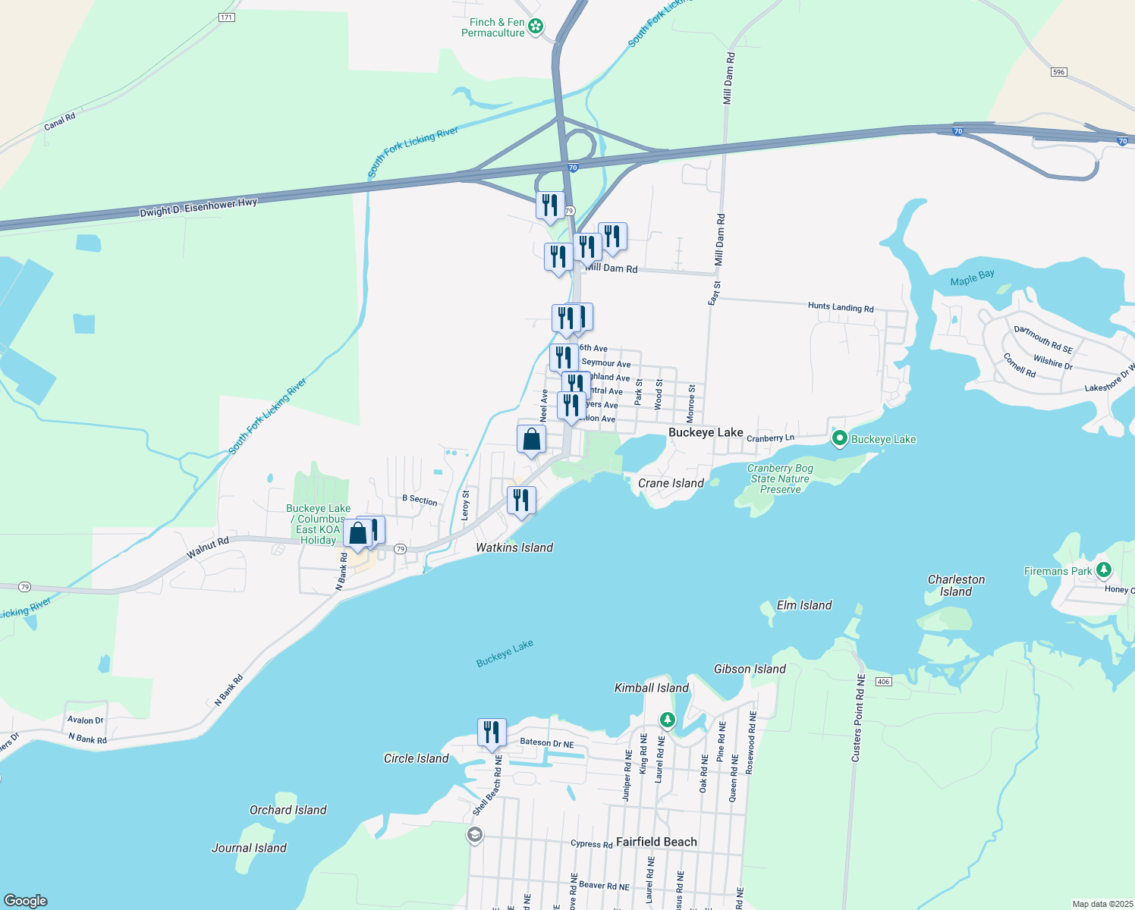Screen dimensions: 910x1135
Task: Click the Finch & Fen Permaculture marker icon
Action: pyautogui.click(x=536, y=27)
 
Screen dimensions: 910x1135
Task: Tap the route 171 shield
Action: pyautogui.click(x=226, y=17)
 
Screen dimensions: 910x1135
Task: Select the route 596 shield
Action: pyautogui.click(x=1059, y=72)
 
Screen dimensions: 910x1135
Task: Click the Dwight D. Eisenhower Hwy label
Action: pyautogui.click(x=198, y=208)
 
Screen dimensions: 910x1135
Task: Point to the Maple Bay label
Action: pyautogui.click(x=972, y=278)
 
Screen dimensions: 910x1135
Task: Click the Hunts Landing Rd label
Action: pyautogui.click(x=840, y=307)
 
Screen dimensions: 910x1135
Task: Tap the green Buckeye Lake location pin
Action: pyautogui.click(x=839, y=438)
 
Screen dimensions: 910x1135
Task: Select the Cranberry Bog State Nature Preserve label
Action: pyautogui.click(x=780, y=479)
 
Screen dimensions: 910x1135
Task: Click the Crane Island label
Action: pyautogui.click(x=671, y=483)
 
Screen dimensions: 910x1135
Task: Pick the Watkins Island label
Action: pyautogui.click(x=514, y=548)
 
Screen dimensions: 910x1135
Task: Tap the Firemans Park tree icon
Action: pyautogui.click(x=1104, y=570)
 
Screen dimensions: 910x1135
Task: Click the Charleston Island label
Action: pyautogui.click(x=956, y=585)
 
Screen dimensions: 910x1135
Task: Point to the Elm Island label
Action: pyautogui.click(x=804, y=605)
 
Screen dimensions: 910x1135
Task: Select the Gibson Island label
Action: pyautogui.click(x=750, y=669)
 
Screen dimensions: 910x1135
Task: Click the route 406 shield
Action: pyautogui.click(x=882, y=682)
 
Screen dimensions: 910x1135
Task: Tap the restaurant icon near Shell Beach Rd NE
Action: pyautogui.click(x=492, y=733)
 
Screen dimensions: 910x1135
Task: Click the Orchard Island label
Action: pyautogui.click(x=288, y=810)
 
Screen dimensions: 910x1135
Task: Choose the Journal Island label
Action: pyautogui.click(x=249, y=848)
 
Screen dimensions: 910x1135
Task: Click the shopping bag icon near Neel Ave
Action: pyautogui.click(x=531, y=439)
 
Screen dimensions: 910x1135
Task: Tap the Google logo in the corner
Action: pyautogui.click(x=26, y=900)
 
